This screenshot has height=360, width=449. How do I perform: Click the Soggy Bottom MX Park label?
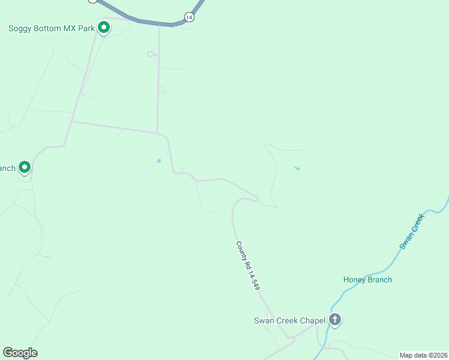click(x=52, y=28)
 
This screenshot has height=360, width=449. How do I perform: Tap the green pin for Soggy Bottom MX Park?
click(x=104, y=28)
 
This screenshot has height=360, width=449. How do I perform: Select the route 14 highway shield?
click(x=190, y=17)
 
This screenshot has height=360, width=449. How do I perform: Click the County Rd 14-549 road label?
click(x=247, y=266)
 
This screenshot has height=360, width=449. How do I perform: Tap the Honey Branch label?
click(x=367, y=280)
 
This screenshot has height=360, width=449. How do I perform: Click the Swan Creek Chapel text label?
click(x=289, y=320)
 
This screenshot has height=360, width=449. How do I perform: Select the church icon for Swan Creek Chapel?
click(x=335, y=320)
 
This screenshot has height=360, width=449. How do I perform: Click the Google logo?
click(x=20, y=353)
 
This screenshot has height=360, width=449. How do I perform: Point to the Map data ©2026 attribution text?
click(x=424, y=355)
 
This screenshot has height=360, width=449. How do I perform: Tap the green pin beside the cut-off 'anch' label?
click(x=25, y=167)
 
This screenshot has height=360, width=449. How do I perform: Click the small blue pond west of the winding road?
click(x=158, y=161)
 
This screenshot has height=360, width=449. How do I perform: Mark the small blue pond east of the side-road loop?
click(x=297, y=169)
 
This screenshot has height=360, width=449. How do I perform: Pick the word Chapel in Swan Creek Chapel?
click(x=312, y=320)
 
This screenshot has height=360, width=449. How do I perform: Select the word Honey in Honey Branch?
click(x=355, y=280)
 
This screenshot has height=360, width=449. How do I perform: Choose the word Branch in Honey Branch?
click(x=380, y=280)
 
